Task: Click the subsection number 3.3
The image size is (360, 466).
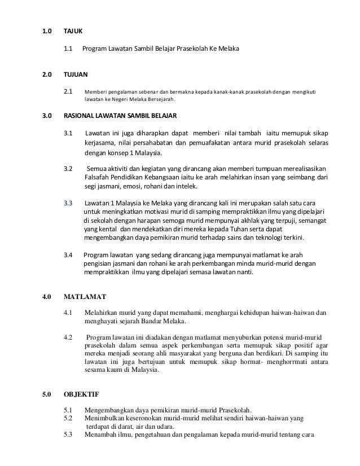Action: (68, 202)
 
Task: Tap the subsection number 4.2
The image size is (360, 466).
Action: (68, 338)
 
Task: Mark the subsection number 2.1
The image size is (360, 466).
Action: (68, 90)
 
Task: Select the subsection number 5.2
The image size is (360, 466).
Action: (68, 418)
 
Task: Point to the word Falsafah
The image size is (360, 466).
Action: (95, 178)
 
